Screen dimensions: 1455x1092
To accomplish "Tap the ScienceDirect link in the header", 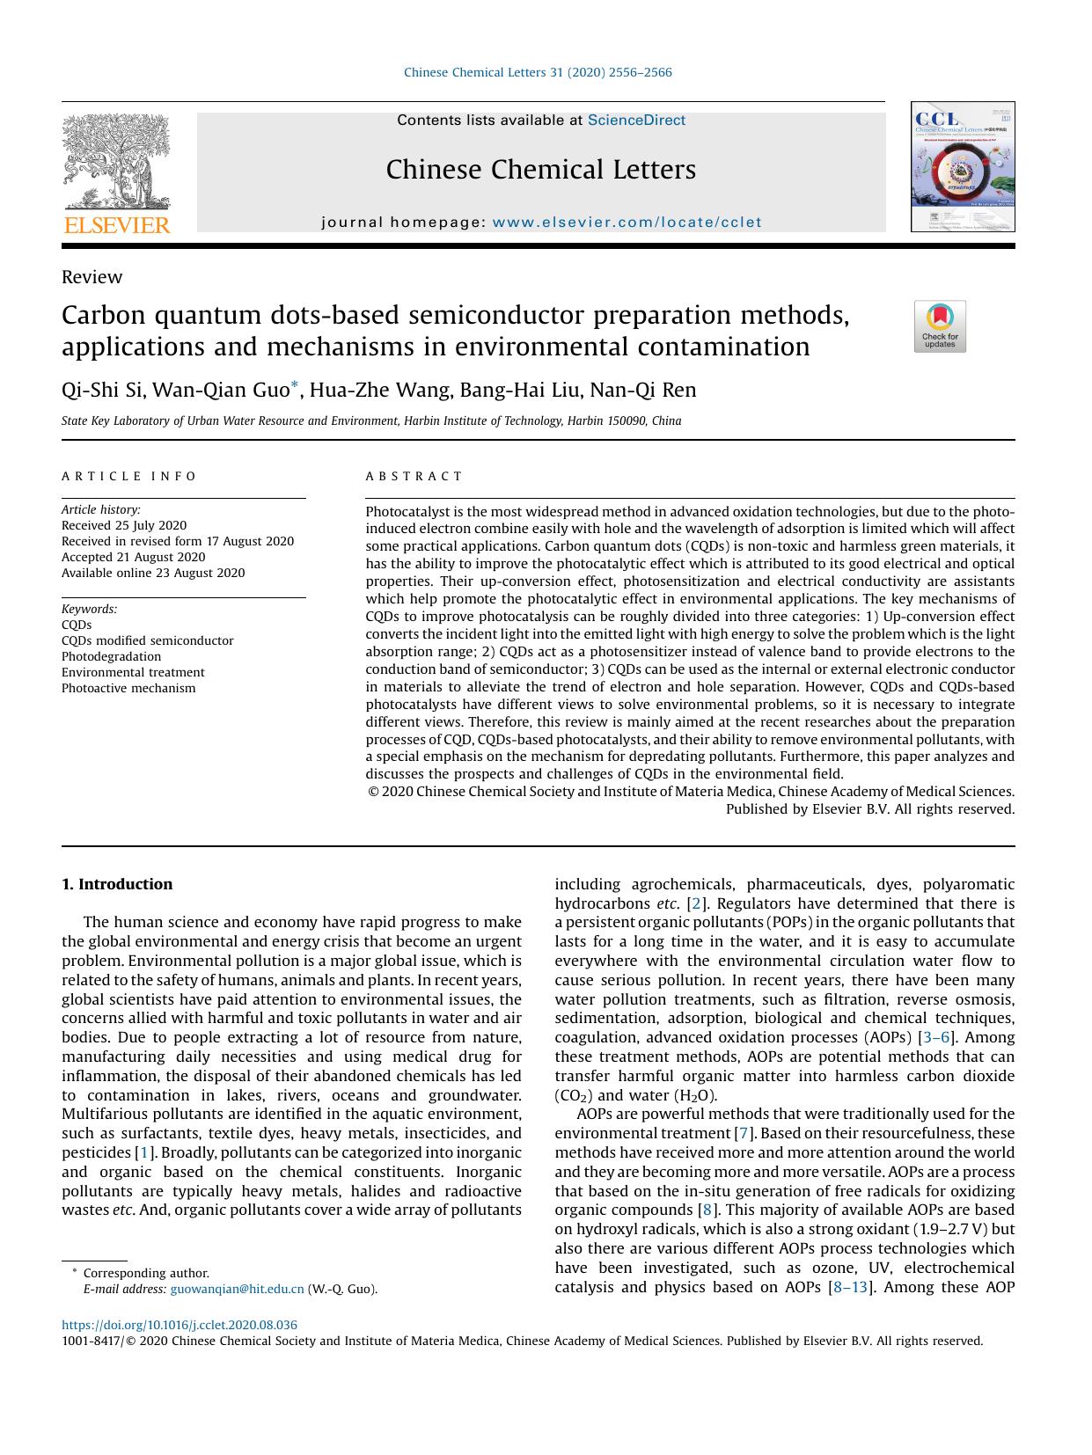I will (636, 121).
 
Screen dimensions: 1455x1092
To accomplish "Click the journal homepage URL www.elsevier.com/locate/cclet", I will (627, 223).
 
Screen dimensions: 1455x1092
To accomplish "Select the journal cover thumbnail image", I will (963, 167).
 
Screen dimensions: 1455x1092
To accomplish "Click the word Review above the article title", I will (92, 277).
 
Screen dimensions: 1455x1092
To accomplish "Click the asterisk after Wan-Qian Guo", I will (296, 384).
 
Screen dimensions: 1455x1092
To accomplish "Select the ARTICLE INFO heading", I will (129, 476).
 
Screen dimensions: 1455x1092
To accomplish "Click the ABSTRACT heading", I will (414, 476).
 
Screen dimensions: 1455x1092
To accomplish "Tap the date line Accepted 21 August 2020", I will (133, 557).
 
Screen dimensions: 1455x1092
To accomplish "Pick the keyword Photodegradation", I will (111, 656).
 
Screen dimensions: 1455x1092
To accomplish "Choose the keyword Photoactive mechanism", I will (128, 688).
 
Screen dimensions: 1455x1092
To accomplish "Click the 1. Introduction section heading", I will (117, 884).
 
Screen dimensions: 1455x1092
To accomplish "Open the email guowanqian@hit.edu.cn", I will (237, 1289).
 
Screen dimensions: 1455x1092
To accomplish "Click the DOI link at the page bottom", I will (180, 1325).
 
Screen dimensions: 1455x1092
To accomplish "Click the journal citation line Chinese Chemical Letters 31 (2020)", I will (537, 72).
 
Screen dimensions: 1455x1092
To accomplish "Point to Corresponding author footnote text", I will (146, 1273).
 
